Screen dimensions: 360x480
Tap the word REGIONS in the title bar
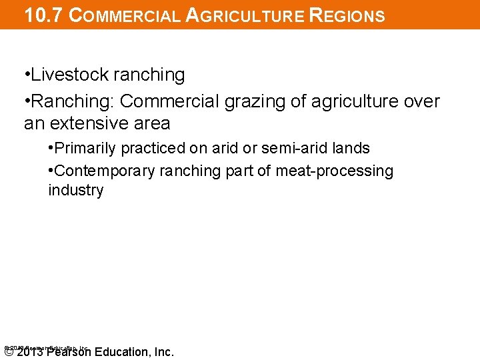click(348, 15)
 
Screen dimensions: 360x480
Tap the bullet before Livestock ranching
click(27, 75)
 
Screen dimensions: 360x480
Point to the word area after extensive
click(151, 124)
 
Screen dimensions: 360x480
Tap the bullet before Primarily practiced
click(51, 148)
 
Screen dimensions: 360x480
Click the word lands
click(352, 148)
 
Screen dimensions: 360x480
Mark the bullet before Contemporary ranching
click(51, 171)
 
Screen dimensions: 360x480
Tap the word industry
click(75, 191)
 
